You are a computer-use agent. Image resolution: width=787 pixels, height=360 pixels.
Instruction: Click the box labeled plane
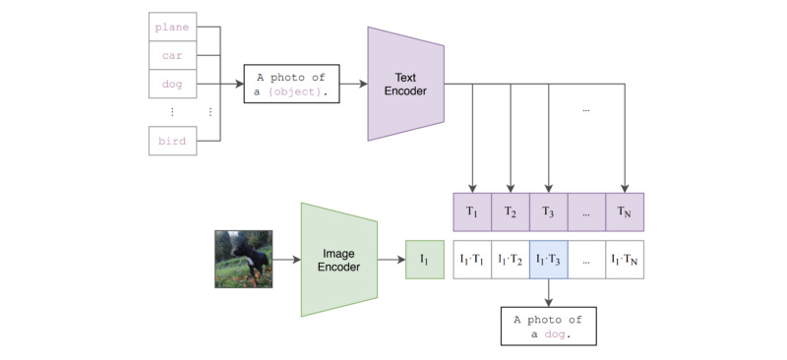click(171, 27)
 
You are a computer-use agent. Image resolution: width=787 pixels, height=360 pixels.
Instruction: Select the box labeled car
click(171, 55)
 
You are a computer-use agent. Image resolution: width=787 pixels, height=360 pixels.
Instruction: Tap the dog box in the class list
click(171, 85)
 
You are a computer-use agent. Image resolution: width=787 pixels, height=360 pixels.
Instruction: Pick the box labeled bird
click(171, 141)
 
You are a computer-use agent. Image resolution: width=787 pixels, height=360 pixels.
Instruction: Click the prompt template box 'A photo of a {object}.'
click(292, 85)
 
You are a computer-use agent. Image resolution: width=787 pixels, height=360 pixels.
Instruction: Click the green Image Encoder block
click(339, 260)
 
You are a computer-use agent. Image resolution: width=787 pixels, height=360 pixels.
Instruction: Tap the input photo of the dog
click(243, 259)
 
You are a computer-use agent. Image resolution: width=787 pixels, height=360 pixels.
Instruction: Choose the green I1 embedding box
click(425, 260)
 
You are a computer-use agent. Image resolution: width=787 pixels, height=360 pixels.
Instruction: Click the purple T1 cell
click(472, 211)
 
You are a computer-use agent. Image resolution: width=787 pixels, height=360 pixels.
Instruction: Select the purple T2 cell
click(511, 211)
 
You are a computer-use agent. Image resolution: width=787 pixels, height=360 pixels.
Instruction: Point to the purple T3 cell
click(549, 211)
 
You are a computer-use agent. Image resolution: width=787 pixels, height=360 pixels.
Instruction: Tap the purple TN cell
click(626, 211)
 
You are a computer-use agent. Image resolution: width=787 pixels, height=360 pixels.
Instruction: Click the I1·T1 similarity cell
click(472, 260)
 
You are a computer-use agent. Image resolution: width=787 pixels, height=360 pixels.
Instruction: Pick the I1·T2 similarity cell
click(511, 260)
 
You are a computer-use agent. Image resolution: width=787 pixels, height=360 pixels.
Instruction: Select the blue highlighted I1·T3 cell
click(549, 260)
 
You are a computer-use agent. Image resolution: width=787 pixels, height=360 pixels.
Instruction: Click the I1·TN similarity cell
click(626, 260)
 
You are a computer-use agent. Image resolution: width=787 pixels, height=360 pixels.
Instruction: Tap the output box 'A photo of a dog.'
click(548, 326)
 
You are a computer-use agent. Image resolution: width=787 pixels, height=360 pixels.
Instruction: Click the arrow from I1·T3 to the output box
click(549, 292)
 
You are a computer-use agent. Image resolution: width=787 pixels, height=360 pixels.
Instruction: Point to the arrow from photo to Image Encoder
click(286, 260)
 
